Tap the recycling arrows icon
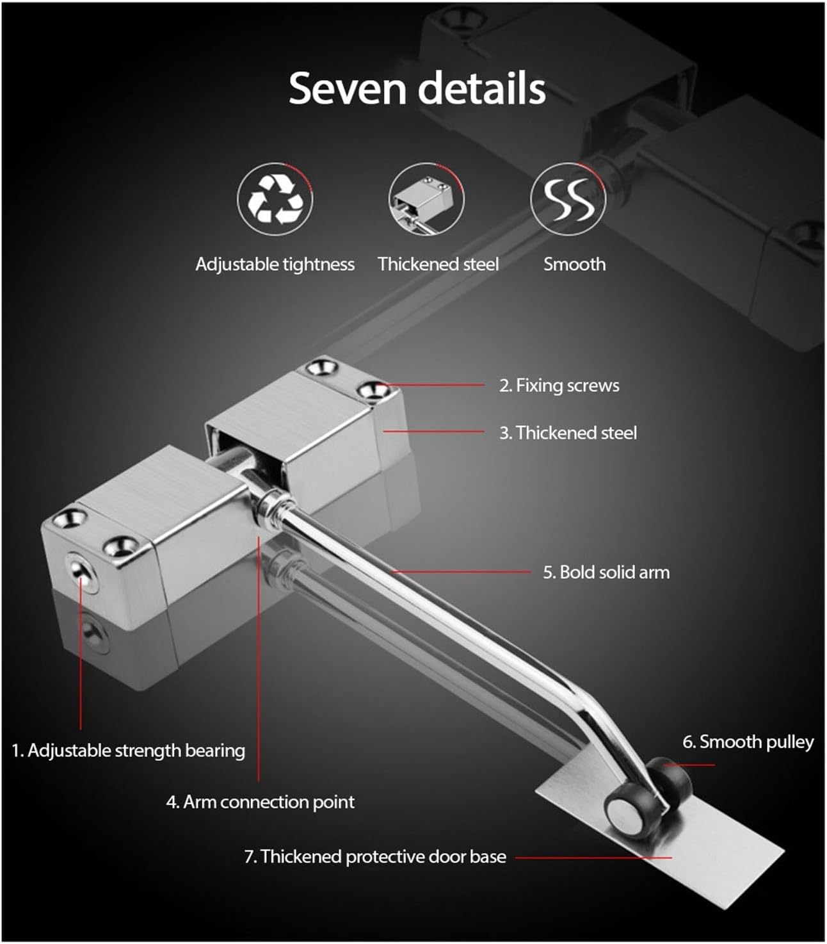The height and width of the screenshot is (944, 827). (x=275, y=199)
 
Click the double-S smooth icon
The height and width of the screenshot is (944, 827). (x=568, y=199)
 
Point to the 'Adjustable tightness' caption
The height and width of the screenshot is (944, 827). (x=275, y=264)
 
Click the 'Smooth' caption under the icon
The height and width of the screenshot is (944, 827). (x=574, y=264)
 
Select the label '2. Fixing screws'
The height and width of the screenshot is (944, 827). (x=559, y=386)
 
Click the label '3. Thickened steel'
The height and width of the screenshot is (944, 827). (x=568, y=433)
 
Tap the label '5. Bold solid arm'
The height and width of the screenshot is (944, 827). (x=606, y=572)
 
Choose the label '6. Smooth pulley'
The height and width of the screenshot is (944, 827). (x=748, y=742)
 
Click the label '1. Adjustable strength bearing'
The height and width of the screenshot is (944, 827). (x=128, y=750)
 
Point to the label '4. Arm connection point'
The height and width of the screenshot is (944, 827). (x=260, y=802)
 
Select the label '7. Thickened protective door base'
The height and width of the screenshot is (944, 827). (x=375, y=856)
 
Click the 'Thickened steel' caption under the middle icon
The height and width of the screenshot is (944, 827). (x=438, y=264)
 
